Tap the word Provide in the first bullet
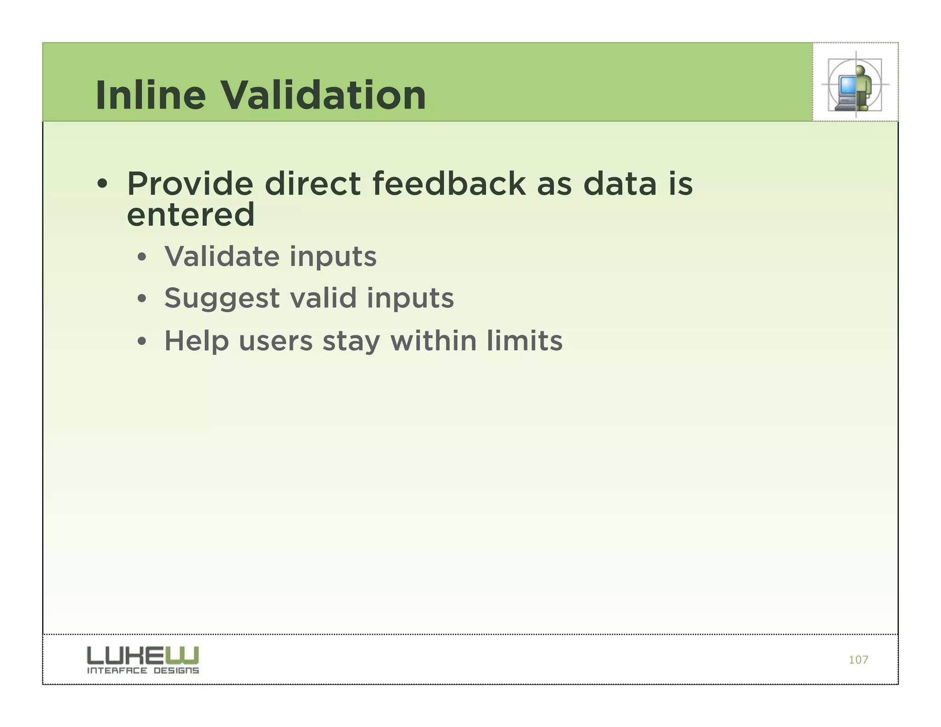coord(190,184)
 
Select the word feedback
coord(448,184)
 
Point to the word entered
coord(190,215)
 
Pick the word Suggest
coord(222,299)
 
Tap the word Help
coord(197,341)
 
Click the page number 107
coord(858,660)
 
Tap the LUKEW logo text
coord(143,654)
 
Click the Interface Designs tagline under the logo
coord(143,670)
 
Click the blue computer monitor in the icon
coord(847,85)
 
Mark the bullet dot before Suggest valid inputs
coord(142,299)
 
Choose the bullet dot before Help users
coord(142,341)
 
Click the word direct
coord(312,184)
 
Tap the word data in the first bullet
coord(620,184)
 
